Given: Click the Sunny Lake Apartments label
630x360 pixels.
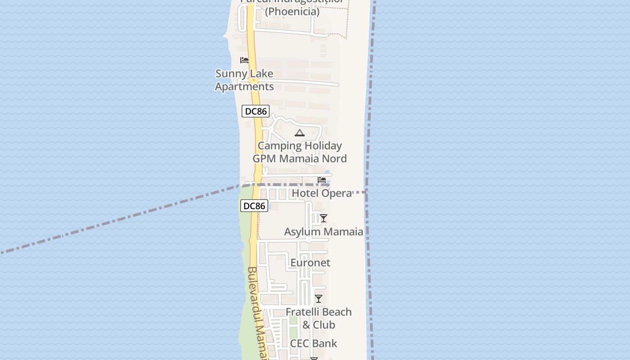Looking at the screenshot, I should [244, 80].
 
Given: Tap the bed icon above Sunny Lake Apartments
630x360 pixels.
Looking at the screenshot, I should [244, 60].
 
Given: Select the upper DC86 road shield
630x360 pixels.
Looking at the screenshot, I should [255, 111].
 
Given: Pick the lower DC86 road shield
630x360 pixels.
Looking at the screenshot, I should [254, 206].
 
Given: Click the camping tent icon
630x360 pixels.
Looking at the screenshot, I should [299, 133].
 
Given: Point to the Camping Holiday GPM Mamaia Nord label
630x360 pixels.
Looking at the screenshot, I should [299, 152].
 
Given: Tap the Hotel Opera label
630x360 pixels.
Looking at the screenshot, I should [321, 193].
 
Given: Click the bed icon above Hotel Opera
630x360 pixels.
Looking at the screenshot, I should [322, 180].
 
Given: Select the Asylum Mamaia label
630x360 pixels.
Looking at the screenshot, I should [324, 232].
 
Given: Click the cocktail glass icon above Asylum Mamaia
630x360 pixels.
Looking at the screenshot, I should [323, 219].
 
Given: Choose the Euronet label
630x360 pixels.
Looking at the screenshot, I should [310, 263].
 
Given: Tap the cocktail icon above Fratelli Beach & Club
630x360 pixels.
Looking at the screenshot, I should [319, 299].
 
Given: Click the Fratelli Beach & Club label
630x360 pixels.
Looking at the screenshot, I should [319, 318].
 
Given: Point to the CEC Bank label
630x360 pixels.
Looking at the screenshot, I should [313, 343].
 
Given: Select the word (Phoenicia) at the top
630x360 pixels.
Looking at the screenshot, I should [292, 12].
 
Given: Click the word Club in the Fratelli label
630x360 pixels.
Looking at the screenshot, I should [324, 325].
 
